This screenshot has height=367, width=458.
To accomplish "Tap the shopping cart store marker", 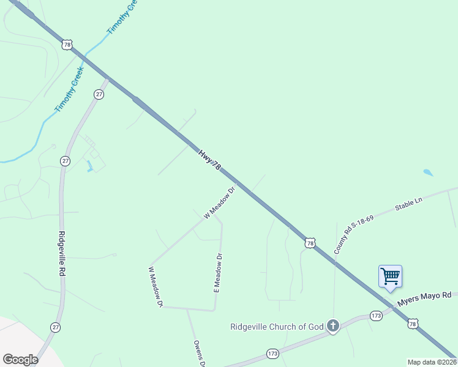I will click(390, 276).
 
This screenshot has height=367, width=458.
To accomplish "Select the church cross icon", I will click(332, 325).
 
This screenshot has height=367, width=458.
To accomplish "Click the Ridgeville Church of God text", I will click(277, 327).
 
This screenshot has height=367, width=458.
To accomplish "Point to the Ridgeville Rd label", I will click(62, 254).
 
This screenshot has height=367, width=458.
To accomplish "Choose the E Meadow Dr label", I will click(217, 273).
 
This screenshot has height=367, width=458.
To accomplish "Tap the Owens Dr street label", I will click(198, 354).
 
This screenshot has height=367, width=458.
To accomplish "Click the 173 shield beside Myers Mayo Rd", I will click(377, 316).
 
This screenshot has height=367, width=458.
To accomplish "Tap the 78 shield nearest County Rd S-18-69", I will click(310, 243).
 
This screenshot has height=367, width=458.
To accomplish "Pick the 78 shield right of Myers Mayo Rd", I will click(414, 324).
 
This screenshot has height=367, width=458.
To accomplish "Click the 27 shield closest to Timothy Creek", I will click(99, 94).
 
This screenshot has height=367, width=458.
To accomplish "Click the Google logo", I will click(20, 359).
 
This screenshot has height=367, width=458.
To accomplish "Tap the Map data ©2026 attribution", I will click(432, 362).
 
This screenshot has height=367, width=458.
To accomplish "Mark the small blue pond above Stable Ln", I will click(428, 172).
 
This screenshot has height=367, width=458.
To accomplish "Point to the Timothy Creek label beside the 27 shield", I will click(69, 90).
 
